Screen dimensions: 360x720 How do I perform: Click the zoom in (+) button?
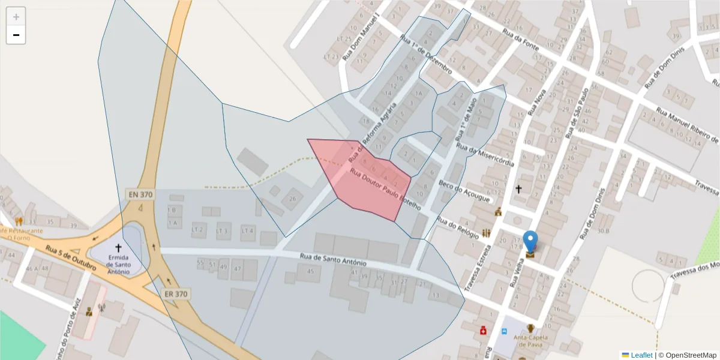(x=16, y=16)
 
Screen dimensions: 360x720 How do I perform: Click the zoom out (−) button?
(x=16, y=35)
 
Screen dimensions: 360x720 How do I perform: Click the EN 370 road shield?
(x=140, y=194)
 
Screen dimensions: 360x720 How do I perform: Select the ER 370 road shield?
(x=176, y=294)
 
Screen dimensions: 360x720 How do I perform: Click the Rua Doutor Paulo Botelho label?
(x=385, y=189)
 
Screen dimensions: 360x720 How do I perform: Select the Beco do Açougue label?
(x=464, y=191)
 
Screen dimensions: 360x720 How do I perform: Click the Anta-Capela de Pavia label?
(x=530, y=340)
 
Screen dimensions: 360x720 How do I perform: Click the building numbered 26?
(x=293, y=199)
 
